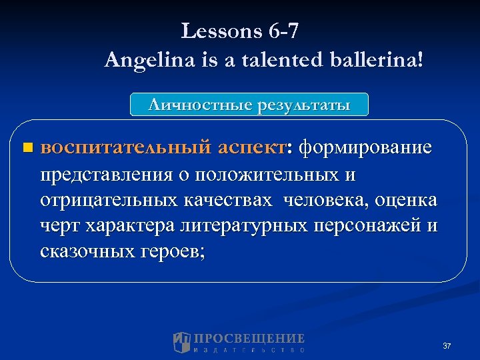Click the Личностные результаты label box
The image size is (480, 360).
click(249, 105)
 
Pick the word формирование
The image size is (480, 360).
click(365, 147)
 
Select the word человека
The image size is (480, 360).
click(327, 200)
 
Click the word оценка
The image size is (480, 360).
click(407, 200)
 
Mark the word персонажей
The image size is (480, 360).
click(373, 226)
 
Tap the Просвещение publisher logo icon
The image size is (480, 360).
click(182, 342)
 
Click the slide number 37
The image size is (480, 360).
click(447, 346)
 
